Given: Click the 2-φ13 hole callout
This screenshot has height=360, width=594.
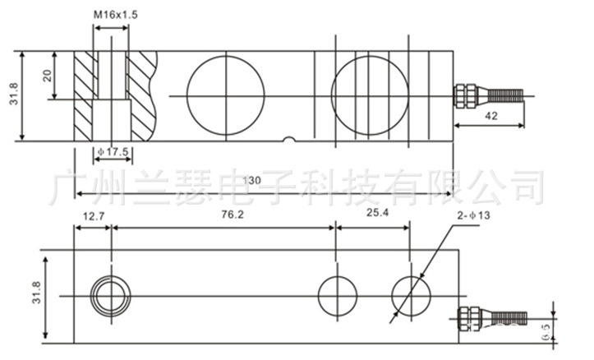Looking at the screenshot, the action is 476,216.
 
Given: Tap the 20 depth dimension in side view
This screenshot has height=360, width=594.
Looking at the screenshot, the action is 48,76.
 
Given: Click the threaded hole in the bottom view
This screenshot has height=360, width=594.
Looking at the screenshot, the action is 109,294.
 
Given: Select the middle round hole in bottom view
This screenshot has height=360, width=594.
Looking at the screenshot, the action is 338,294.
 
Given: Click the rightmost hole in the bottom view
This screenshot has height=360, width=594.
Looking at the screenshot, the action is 410,294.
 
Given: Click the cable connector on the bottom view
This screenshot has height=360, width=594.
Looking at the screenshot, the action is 484,317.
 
